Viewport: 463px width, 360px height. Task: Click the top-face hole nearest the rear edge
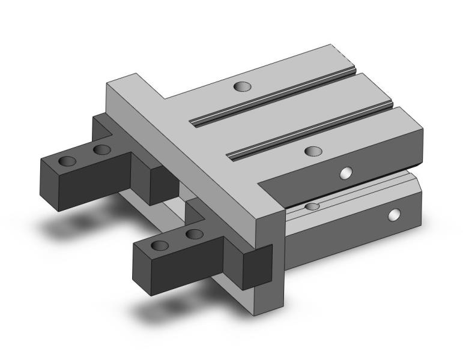point(242,87)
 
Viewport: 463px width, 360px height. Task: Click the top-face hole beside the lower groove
point(312,151)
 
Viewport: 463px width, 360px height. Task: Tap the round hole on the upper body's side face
point(345,173)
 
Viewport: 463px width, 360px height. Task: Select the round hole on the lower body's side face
point(395,214)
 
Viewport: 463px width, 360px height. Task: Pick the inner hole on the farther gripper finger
point(101,149)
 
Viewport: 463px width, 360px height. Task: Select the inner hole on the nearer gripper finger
point(193,233)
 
